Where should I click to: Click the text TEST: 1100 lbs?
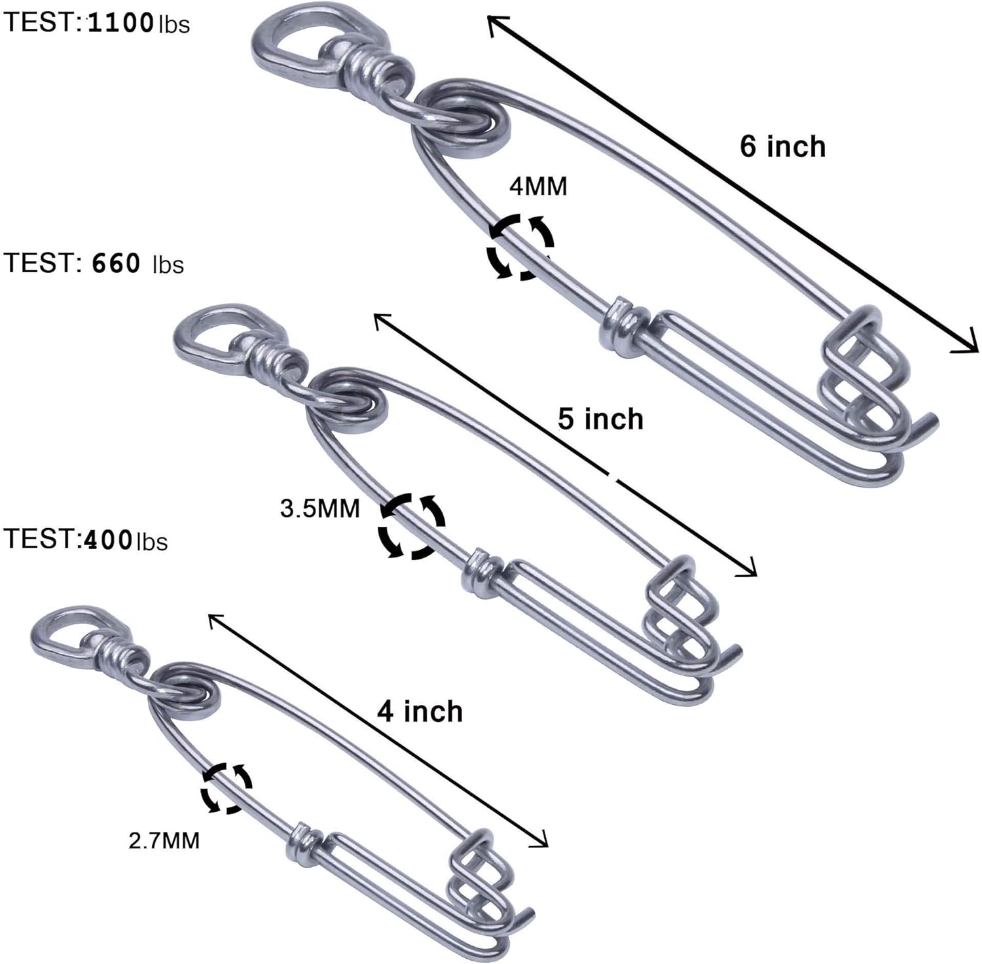(96, 24)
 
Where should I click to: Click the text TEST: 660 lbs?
(94, 263)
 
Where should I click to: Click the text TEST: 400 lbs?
(86, 540)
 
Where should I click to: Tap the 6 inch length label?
(782, 146)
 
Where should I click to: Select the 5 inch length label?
(600, 419)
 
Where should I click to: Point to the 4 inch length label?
(420, 711)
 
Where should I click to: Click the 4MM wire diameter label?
(538, 187)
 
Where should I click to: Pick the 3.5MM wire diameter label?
(320, 509)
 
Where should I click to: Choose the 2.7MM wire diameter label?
(164, 840)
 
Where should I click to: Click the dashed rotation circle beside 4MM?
(520, 247)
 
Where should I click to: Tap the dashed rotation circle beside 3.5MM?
(412, 526)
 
